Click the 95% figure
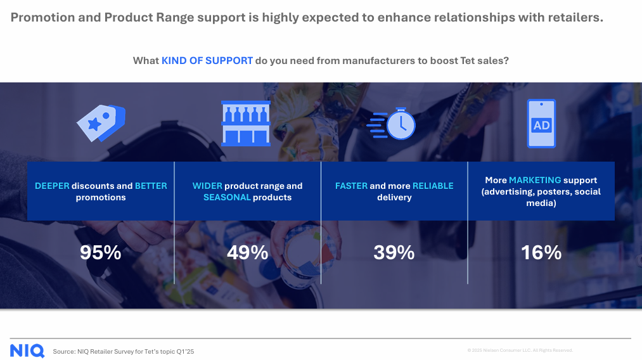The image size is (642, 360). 100,252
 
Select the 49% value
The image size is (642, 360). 247,252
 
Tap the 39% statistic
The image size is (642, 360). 394,252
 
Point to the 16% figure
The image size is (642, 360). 541,252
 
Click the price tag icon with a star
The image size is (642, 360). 101,123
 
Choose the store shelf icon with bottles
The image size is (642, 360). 246,124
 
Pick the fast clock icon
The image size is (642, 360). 391,124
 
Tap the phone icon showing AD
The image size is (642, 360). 541,124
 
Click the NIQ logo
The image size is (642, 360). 27,351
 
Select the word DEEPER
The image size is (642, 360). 52,186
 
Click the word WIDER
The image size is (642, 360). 207,186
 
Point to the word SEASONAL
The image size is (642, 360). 227,197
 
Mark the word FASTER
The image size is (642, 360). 351,186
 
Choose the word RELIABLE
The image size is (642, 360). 433,186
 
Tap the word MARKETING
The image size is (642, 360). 535,180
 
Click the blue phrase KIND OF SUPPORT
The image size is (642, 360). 207,61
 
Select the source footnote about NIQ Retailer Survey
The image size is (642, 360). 123,351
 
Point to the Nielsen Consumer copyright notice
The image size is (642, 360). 520,350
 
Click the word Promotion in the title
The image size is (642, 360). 42,17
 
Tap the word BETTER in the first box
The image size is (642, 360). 151,186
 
